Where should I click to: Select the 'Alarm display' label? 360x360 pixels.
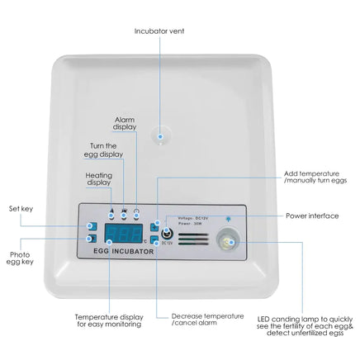click(x=126, y=124)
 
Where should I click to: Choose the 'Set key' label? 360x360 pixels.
click(x=21, y=209)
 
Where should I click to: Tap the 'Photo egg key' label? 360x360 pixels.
click(x=21, y=259)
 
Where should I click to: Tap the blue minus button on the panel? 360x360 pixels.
click(x=154, y=239)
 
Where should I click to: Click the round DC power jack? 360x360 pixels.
click(x=168, y=232)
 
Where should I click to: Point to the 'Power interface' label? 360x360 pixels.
click(x=312, y=216)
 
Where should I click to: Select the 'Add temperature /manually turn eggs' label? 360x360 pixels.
click(x=315, y=178)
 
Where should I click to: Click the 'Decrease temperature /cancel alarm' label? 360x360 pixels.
click(x=207, y=320)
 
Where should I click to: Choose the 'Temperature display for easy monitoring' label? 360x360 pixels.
click(x=107, y=320)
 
